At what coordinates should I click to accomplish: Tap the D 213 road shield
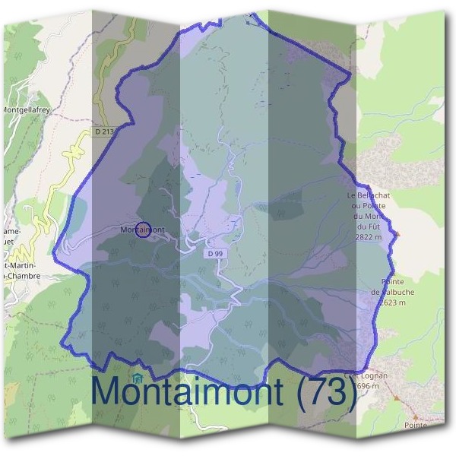(x=105, y=131)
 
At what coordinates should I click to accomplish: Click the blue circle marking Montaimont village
(x=142, y=230)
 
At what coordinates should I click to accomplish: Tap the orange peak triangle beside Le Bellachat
(x=396, y=233)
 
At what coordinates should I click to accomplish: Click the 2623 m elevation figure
(x=386, y=302)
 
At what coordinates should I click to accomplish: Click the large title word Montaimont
(x=187, y=391)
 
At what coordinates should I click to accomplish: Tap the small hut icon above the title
(x=137, y=378)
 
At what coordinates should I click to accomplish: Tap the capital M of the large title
(x=106, y=391)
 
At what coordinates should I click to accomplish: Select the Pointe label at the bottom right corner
(x=416, y=426)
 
